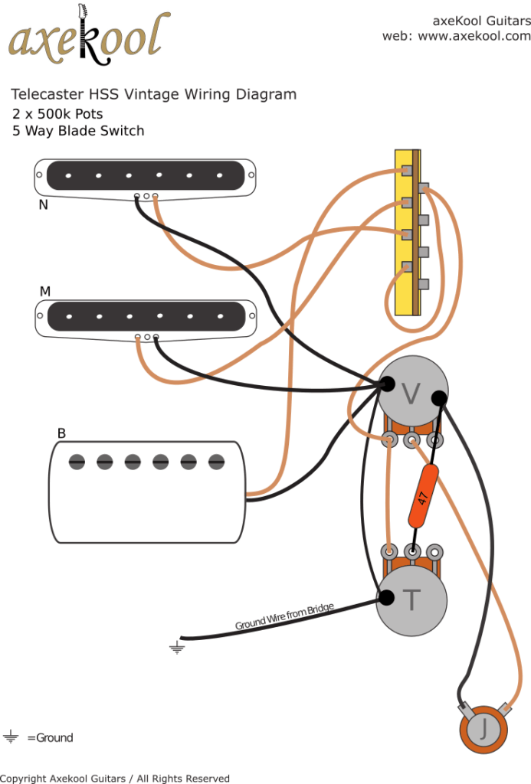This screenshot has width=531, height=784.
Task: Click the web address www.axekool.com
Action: [474, 36]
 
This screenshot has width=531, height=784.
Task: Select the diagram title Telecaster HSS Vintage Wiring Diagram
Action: [153, 94]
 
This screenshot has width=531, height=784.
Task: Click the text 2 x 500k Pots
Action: [57, 113]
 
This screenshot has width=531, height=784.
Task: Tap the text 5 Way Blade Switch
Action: [78, 131]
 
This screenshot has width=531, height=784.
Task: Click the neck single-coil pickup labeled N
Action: [144, 175]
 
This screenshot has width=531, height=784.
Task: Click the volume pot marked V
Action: [411, 393]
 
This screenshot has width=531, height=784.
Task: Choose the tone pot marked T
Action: [411, 600]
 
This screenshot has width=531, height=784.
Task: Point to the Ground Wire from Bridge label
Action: [284, 616]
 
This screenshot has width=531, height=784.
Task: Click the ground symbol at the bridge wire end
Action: [177, 648]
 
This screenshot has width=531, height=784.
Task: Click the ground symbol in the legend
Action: [11, 737]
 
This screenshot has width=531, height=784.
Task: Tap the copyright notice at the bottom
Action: [115, 778]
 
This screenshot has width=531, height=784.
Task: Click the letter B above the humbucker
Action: [61, 433]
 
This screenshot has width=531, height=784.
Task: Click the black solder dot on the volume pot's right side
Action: [439, 397]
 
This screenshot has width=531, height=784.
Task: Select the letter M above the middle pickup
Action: [45, 292]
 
